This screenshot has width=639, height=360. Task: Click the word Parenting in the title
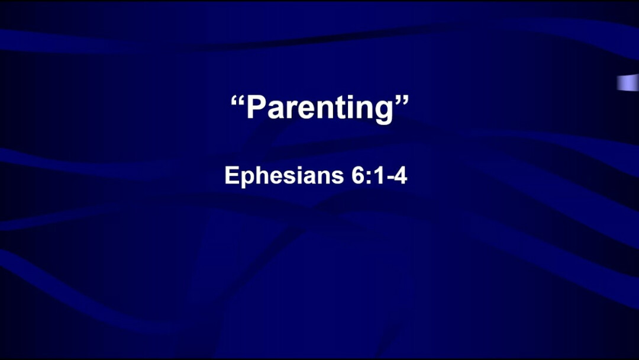point(320,108)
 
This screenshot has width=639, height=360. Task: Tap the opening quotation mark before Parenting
point(238,100)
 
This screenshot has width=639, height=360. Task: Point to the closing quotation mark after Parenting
point(401,100)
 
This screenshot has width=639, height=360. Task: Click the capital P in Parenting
point(256,107)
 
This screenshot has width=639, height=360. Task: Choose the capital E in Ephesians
point(233,175)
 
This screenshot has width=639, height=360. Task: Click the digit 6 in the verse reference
point(358,175)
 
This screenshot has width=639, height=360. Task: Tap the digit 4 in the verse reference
point(401,175)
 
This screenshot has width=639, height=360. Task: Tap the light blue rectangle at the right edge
point(628,82)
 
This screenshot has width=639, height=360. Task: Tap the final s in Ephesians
point(338,178)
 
